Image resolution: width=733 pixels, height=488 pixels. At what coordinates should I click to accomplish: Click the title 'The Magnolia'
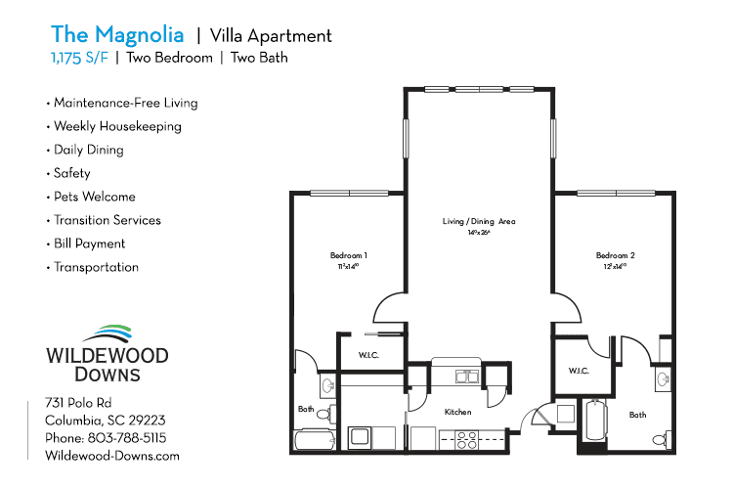(117, 35)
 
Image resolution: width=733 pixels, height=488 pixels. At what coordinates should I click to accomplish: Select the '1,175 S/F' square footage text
(80, 58)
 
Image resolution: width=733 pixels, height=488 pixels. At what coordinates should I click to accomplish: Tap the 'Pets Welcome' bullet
(94, 197)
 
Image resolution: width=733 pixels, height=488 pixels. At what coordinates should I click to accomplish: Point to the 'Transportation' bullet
(96, 267)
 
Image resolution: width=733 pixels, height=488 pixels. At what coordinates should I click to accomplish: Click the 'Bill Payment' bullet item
(89, 244)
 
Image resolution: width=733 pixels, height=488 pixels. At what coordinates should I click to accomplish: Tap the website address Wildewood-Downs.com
(112, 456)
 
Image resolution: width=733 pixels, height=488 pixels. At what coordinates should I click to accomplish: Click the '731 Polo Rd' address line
(79, 403)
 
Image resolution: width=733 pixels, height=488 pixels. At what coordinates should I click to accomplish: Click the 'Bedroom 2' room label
(616, 255)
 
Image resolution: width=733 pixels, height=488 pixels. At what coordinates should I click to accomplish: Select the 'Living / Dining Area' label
(479, 222)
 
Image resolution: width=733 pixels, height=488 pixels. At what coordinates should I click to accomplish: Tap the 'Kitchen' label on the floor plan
(458, 412)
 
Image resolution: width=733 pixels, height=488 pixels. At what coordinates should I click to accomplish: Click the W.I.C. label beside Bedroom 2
(578, 371)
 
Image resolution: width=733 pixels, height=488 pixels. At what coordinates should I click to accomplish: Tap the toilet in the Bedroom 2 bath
(667, 436)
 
